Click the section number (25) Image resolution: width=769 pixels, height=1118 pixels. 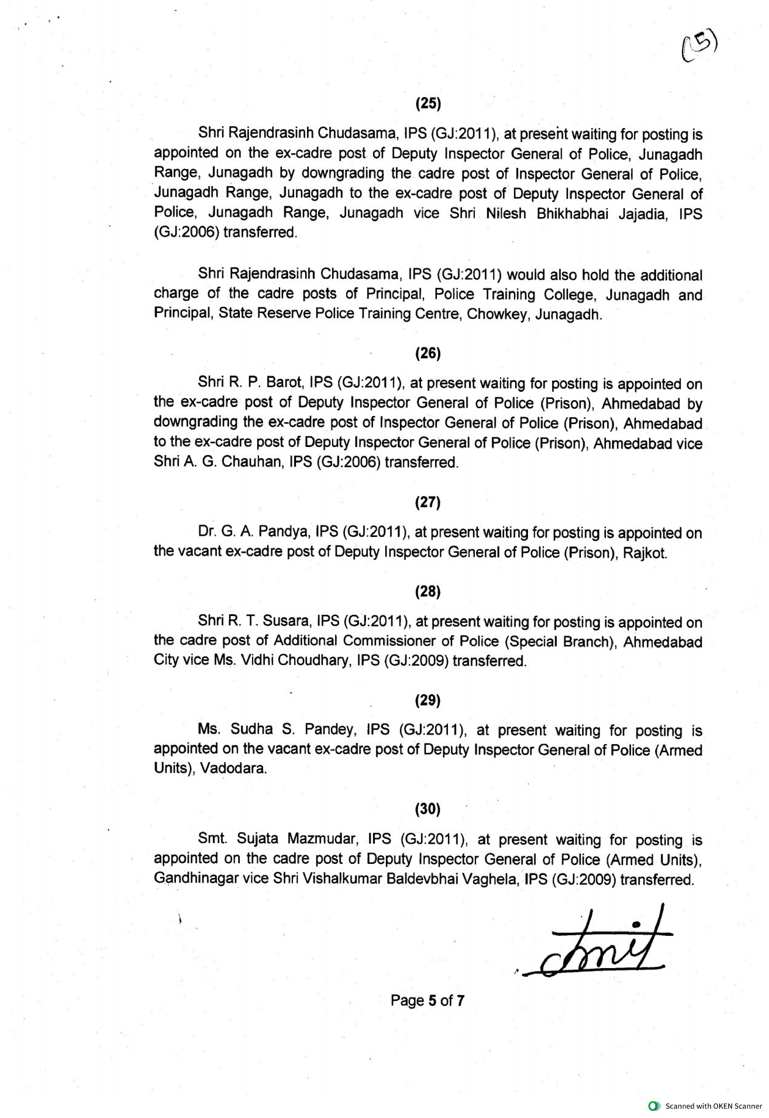428,104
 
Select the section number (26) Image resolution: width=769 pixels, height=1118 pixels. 428,354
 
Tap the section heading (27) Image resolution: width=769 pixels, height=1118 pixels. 428,502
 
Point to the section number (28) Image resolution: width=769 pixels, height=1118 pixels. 428,592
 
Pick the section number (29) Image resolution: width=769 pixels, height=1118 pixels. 428,700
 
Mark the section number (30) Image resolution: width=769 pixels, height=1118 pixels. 428,809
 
